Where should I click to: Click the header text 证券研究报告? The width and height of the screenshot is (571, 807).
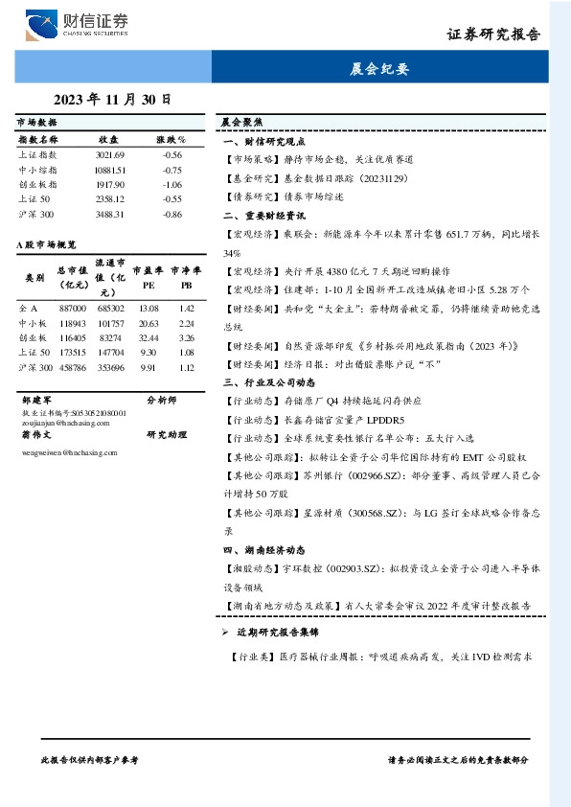(x=494, y=35)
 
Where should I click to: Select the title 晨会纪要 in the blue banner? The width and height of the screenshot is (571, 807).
(x=379, y=69)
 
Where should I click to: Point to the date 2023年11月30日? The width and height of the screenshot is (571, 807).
(x=112, y=99)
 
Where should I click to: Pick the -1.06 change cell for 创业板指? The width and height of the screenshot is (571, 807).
(x=172, y=184)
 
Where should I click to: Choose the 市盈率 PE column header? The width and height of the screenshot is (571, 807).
(x=148, y=277)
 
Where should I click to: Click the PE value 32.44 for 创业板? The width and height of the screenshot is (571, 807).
(x=148, y=338)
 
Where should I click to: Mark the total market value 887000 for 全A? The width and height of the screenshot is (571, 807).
(x=72, y=309)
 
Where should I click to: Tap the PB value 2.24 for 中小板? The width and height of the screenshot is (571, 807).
(x=187, y=324)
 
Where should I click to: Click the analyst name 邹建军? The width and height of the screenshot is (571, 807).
(x=35, y=399)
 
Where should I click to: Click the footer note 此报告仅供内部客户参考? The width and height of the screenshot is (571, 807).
(x=91, y=758)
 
